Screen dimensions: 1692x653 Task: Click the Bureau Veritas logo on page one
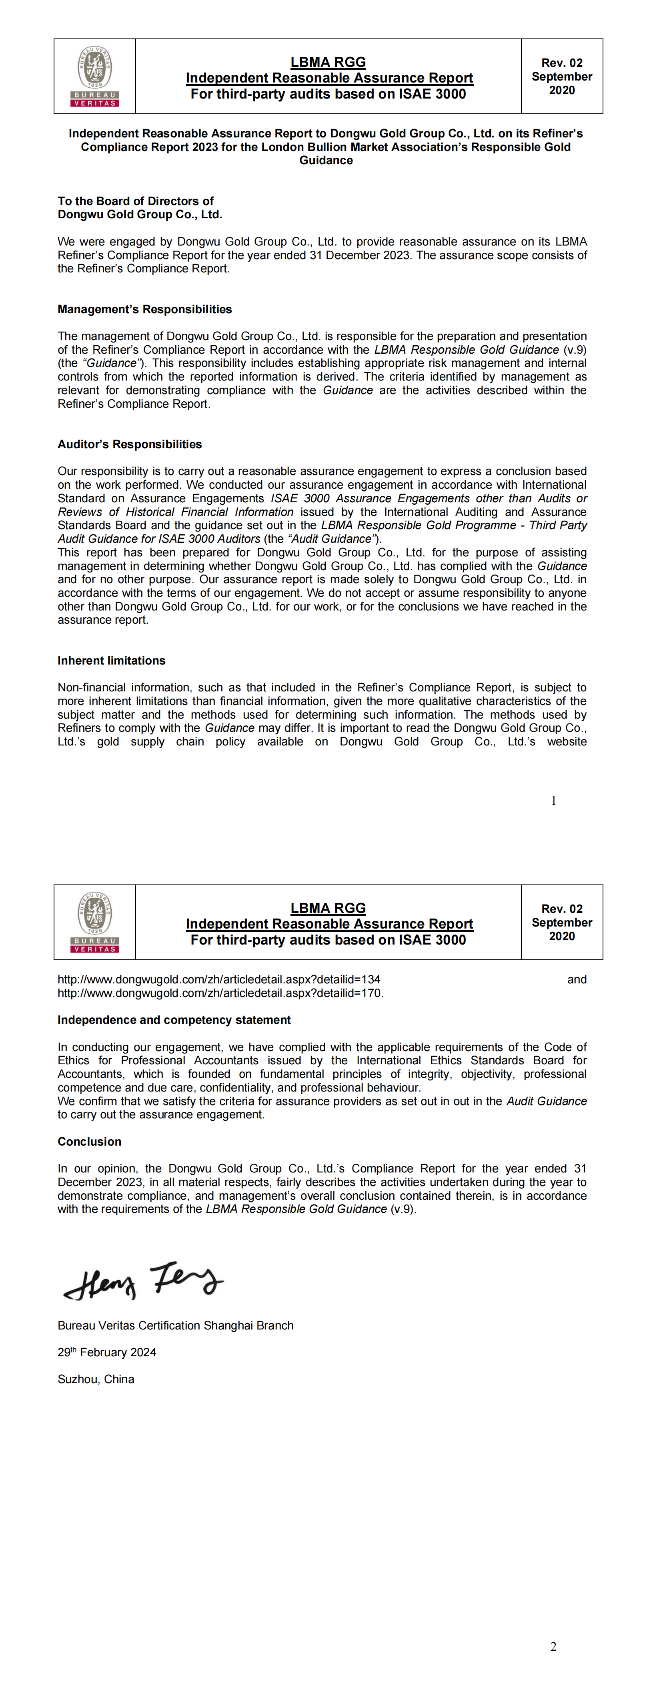pyautogui.click(x=94, y=76)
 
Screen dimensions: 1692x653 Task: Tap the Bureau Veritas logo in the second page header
pyautogui.click(x=94, y=922)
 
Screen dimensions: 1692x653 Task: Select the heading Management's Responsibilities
pyautogui.click(x=144, y=309)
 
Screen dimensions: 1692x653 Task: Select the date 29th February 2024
pyautogui.click(x=107, y=1352)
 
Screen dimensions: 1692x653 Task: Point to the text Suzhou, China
pyautogui.click(x=96, y=1379)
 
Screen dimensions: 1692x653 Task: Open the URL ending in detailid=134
pyautogui.click(x=218, y=979)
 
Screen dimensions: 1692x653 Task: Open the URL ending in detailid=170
pyautogui.click(x=220, y=993)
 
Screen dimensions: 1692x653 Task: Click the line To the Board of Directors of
pyautogui.click(x=135, y=201)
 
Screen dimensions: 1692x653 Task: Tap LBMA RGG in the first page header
pyautogui.click(x=328, y=62)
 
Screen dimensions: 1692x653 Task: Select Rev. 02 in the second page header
pyautogui.click(x=562, y=908)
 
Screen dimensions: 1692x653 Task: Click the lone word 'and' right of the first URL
pyautogui.click(x=577, y=979)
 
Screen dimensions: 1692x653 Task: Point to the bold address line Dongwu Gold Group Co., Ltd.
pyautogui.click(x=140, y=214)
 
